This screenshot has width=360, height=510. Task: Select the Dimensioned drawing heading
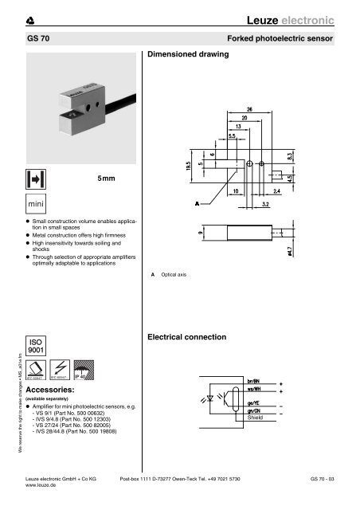(188, 55)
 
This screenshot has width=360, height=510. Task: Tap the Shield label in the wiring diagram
(279, 417)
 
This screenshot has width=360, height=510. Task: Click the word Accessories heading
(53, 390)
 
